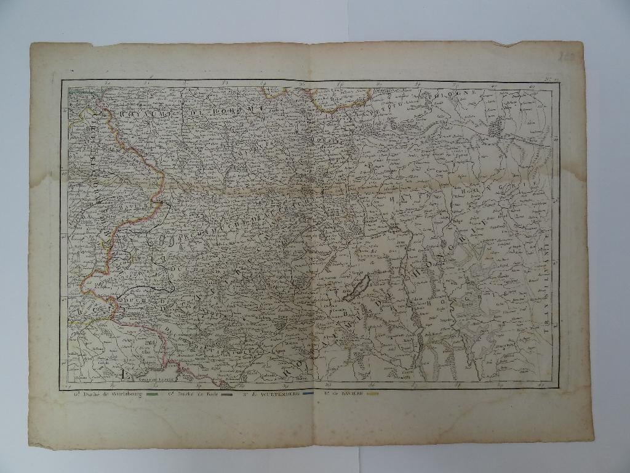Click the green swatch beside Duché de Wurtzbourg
(x=153, y=394)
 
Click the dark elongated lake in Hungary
(x=356, y=289)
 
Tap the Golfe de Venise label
(x=154, y=380)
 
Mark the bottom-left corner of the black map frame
(x=62, y=387)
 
